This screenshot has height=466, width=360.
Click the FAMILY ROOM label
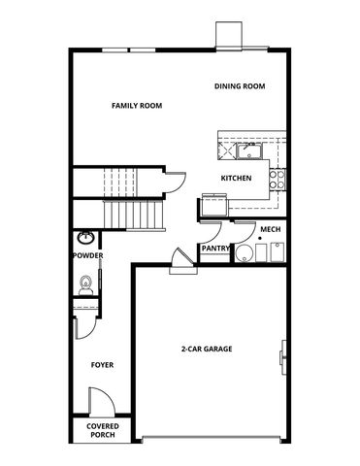point(136,105)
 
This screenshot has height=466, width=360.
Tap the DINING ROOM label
point(240,86)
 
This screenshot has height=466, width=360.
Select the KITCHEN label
point(237,178)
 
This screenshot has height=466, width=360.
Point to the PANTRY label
point(214,249)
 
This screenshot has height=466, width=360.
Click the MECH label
point(270,230)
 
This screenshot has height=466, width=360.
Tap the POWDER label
point(87,256)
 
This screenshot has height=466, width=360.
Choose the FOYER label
point(102,365)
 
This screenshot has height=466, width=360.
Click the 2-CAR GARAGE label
point(206,349)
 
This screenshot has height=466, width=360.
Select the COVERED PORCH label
point(102,431)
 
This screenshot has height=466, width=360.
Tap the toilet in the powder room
point(85,283)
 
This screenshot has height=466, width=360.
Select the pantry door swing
point(213,231)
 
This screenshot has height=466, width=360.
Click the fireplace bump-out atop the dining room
point(229,34)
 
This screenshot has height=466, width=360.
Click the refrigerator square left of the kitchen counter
point(213,206)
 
